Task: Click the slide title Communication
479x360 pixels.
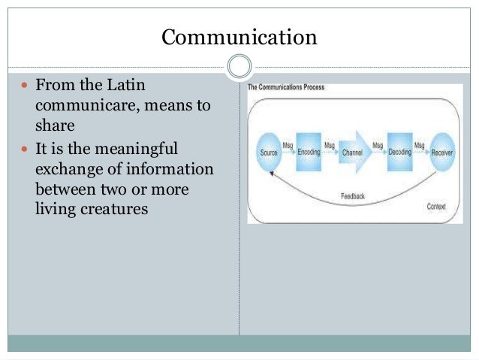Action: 239,37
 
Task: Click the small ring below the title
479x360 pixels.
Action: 239,67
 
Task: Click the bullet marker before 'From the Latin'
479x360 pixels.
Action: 22,89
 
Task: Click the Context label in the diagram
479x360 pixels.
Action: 435,206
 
